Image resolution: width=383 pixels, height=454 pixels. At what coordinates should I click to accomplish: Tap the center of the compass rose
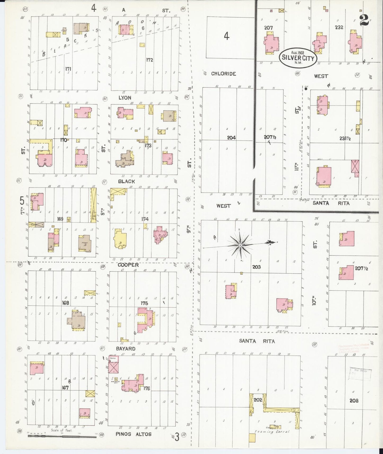[x=240, y=246]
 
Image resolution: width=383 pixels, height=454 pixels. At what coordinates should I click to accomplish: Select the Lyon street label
[x=125, y=98]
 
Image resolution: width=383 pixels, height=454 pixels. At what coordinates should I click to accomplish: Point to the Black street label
[x=126, y=181]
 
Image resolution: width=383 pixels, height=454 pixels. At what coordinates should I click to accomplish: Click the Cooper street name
[x=128, y=265]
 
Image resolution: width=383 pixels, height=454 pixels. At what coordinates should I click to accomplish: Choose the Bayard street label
[x=126, y=349]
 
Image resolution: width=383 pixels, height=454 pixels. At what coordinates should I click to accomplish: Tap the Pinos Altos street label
[x=134, y=434]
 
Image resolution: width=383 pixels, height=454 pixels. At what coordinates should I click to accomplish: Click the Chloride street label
[x=223, y=74]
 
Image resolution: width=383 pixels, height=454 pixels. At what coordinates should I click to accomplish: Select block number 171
[x=68, y=69]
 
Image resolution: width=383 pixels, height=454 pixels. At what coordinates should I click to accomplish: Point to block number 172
[x=149, y=60]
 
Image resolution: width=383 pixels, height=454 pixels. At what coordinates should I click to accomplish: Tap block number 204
[x=231, y=138]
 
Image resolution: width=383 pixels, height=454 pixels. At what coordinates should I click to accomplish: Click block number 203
[x=256, y=267]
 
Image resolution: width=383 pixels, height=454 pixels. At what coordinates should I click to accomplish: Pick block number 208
[x=354, y=400]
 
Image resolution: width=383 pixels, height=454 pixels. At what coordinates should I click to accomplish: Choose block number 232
[x=339, y=27]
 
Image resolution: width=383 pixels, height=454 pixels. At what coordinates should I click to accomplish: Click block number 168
[x=65, y=302]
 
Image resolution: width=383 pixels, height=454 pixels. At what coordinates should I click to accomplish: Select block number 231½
[x=345, y=138]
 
